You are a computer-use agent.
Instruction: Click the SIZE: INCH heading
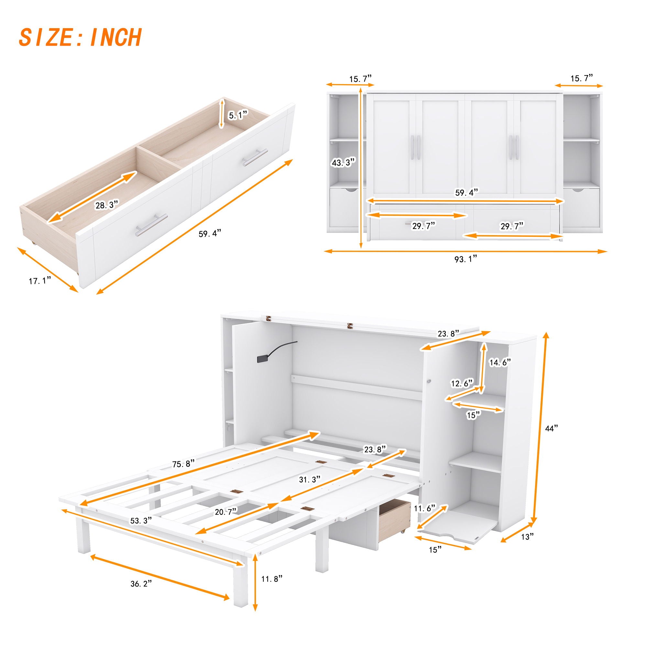pyautogui.click(x=80, y=38)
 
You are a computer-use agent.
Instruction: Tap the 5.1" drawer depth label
pyautogui.click(x=238, y=115)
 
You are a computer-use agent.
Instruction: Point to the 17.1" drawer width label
pyautogui.click(x=39, y=280)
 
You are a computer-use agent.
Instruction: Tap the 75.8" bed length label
pyautogui.click(x=184, y=464)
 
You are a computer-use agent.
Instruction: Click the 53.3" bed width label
pyautogui.click(x=141, y=530)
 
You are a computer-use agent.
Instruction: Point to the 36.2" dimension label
pyautogui.click(x=141, y=593)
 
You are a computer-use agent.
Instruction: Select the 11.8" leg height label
pyautogui.click(x=272, y=578)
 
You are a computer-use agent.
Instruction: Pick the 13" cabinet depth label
pyautogui.click(x=527, y=537)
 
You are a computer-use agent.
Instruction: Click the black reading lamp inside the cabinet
pyautogui.click(x=263, y=359)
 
